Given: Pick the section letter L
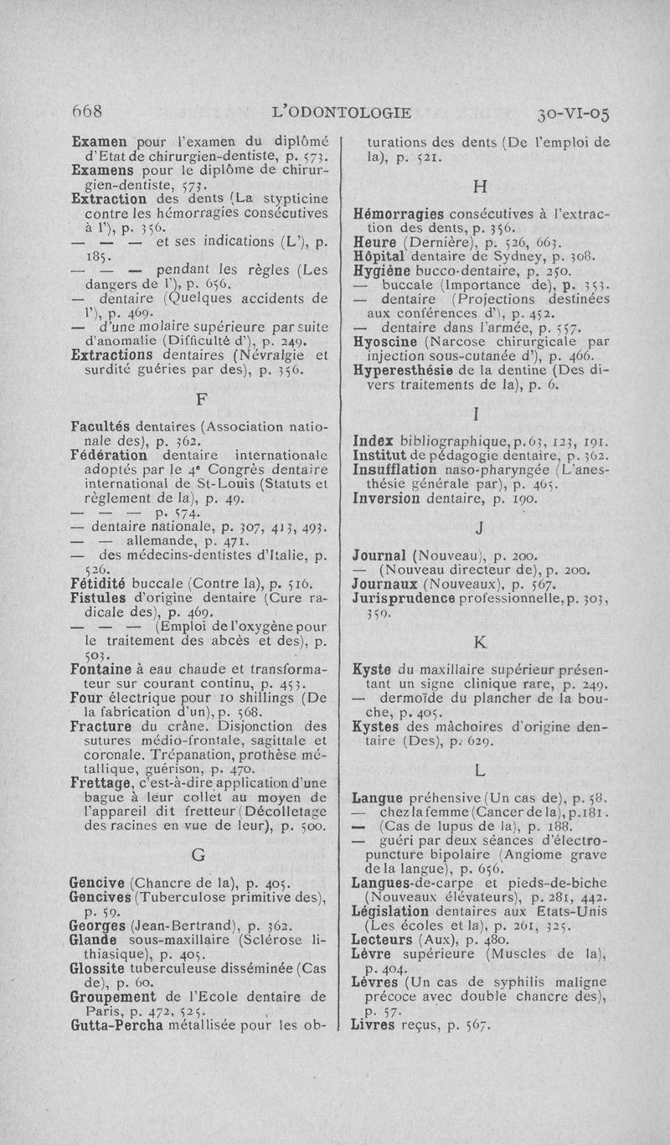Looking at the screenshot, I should click(x=480, y=768).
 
